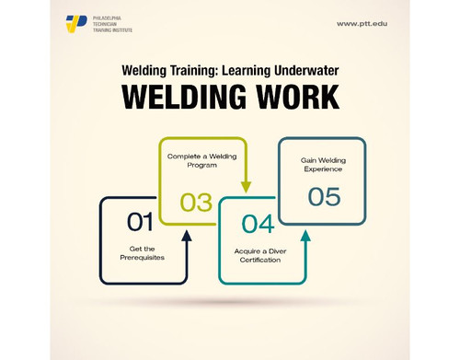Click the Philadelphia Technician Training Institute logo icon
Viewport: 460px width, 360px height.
tap(75, 23)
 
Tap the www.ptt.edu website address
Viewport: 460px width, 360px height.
tap(362, 23)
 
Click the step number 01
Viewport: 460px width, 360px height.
tap(140, 221)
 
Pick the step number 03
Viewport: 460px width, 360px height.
tap(196, 201)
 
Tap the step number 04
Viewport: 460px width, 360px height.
tap(258, 224)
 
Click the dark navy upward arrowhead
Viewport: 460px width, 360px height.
tap(187, 236)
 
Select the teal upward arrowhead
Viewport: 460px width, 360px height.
tap(305, 236)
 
